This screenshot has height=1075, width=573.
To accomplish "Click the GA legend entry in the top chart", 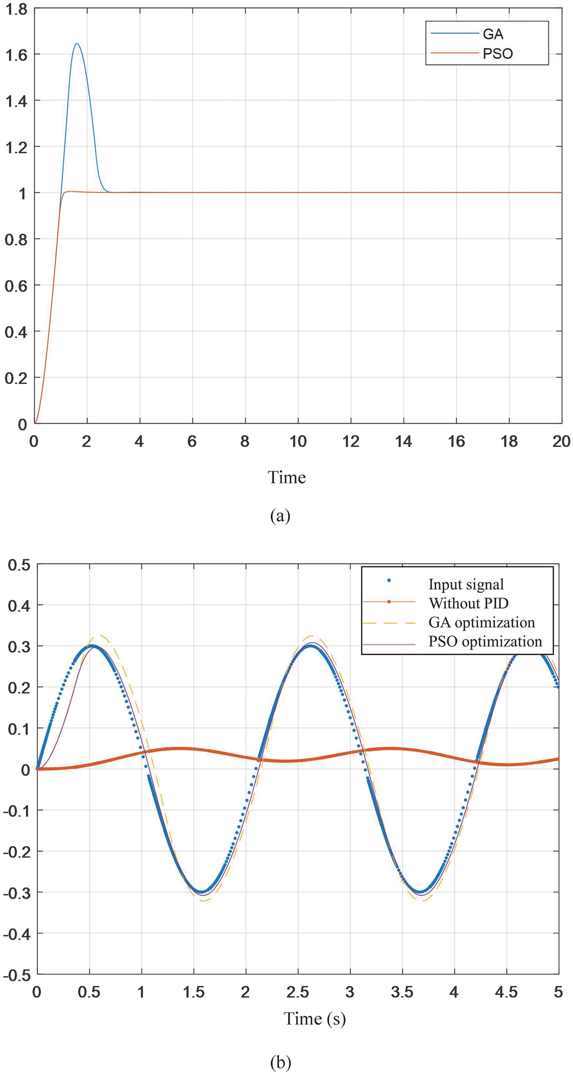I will pos(493,35).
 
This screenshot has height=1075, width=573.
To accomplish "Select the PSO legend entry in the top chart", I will pos(497,54).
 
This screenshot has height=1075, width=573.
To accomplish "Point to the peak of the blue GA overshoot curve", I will pos(77,44).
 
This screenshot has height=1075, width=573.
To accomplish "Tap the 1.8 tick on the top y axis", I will pos(16,8).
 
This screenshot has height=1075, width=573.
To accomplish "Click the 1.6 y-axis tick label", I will pos(16,55).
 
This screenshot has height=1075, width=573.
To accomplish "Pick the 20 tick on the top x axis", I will pos(561,442).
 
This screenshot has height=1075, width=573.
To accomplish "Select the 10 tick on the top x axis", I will pos(298,442).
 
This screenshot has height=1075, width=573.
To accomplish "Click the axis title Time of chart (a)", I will pos(286,477).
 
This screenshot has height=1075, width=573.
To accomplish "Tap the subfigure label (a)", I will pos(280,516).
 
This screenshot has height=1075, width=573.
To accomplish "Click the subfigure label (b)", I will pos(280,1063).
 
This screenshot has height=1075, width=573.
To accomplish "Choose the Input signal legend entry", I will pos(466,584).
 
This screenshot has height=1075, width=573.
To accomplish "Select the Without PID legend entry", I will pos(468,603).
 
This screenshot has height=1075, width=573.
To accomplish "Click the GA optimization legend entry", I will pos(481,622).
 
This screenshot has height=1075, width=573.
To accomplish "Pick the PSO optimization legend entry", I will pos(485,641).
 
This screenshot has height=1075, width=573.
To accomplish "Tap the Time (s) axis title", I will pos(315,1019).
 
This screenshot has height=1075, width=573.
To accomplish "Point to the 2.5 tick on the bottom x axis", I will pos(298,992).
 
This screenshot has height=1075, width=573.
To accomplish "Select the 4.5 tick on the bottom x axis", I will pos(507,992).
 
